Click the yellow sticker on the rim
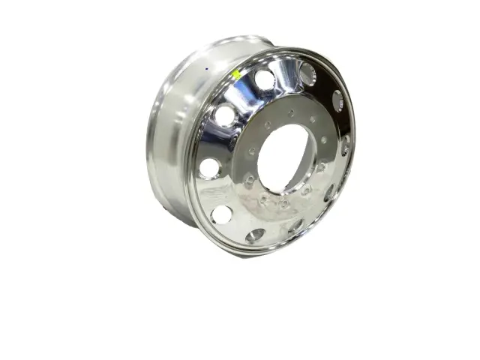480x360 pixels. (235, 74)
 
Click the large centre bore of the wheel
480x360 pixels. (285, 157)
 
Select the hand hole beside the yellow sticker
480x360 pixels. (263, 79)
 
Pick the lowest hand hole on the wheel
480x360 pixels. (256, 235)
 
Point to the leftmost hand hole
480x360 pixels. (210, 168)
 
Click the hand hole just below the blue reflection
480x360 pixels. (226, 115)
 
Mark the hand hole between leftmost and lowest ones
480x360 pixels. (222, 214)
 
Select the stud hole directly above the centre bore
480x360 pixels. (291, 113)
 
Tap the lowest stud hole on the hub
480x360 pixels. (283, 204)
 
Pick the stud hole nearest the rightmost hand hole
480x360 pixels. (324, 140)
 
